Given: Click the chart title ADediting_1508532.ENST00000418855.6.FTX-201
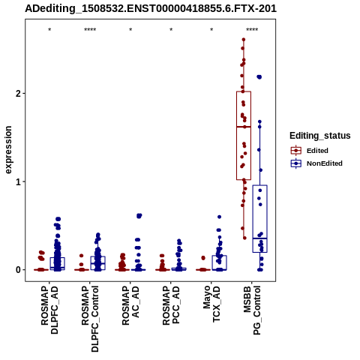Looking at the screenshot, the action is tap(151, 9).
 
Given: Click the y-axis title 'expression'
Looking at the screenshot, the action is tap(8, 150).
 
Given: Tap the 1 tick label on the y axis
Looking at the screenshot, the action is tap(18, 181).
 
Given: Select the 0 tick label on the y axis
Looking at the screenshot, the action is tap(18, 270).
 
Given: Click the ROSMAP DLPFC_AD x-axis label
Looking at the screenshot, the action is tap(49, 310).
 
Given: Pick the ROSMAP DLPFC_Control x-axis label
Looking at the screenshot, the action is tap(90, 319).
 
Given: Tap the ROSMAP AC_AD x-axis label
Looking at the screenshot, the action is tap(130, 305).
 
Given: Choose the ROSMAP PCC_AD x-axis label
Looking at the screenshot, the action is tap(171, 305).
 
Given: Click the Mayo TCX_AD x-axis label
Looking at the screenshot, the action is tap(211, 304).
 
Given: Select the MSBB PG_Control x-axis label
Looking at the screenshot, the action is tap(252, 310).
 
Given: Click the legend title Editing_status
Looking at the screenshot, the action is tap(320, 136).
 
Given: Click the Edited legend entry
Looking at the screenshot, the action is tap(317, 151).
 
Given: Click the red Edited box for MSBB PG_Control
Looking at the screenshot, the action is tap(244, 136).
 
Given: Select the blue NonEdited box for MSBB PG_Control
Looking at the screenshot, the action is tap(260, 219).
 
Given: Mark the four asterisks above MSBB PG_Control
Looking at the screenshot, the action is tap(252, 30).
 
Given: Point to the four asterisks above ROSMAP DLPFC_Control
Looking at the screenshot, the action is tap(90, 30).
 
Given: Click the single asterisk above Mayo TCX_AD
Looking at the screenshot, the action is tap(211, 30).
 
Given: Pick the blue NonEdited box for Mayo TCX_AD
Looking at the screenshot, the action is tap(219, 262).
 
